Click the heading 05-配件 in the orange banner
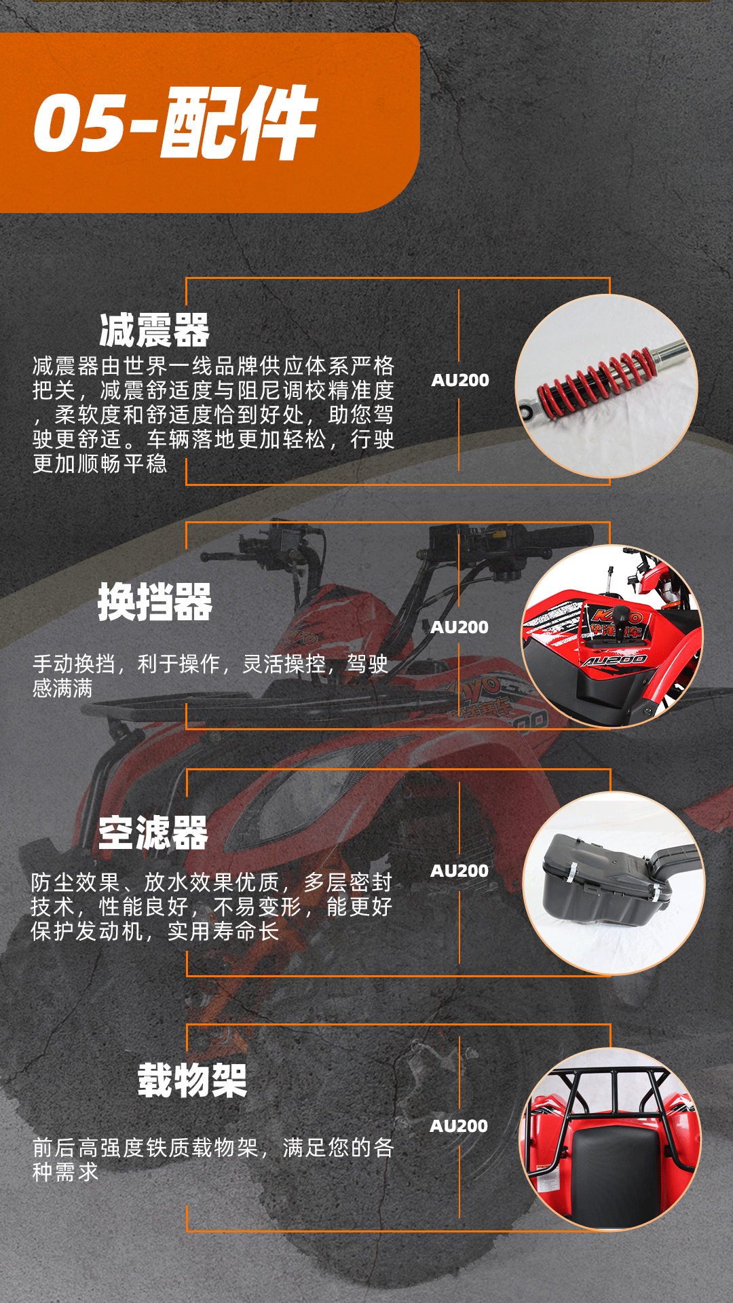pos(175,123)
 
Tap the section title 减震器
pos(154,331)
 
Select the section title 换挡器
pos(155,602)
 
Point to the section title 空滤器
pos(153,833)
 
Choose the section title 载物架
pos(193,1080)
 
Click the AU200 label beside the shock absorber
pos(460,380)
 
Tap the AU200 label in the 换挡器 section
pos(459,627)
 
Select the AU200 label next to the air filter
pos(459,871)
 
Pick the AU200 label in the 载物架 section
pos(459,1126)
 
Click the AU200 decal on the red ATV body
pos(615,660)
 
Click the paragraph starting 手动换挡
pos(210,676)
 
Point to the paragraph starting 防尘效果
pos(212,907)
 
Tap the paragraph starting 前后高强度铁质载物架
pos(213,1160)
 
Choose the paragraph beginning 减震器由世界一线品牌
pos(213,415)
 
